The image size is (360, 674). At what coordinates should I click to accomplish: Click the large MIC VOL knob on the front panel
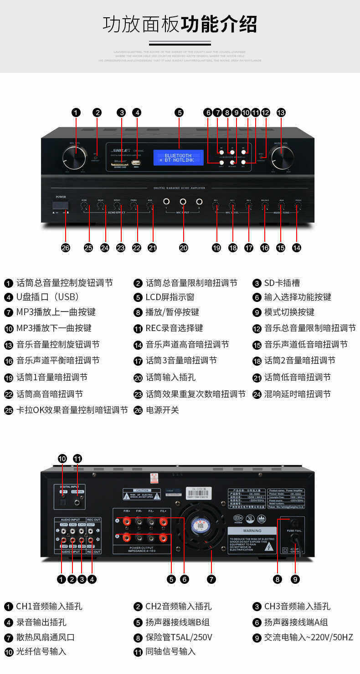(74, 158)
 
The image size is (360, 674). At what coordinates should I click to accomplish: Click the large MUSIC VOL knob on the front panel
(281, 158)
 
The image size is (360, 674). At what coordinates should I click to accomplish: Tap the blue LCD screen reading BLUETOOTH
(178, 158)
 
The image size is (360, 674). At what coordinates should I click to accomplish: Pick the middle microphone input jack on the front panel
(183, 201)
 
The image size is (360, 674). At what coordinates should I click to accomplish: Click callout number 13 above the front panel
(281, 112)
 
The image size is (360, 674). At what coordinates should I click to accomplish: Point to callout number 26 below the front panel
(66, 247)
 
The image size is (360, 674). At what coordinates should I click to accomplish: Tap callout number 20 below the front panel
(183, 247)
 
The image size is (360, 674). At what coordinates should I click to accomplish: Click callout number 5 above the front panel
(180, 112)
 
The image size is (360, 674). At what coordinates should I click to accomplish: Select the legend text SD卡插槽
(282, 283)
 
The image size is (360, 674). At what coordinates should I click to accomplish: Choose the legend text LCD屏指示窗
(170, 297)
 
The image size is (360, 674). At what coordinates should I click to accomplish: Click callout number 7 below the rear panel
(211, 579)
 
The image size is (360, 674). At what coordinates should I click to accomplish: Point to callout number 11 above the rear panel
(77, 459)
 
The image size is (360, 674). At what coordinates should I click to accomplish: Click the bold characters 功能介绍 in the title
(219, 24)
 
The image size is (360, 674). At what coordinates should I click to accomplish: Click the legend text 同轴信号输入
(170, 652)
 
